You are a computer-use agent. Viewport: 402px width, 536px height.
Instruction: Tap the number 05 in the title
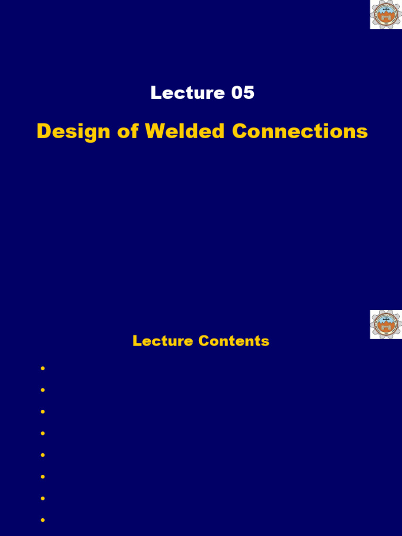pos(242,93)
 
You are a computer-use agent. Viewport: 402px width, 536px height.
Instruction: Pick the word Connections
pos(300,131)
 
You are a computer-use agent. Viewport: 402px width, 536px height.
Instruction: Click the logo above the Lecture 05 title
pos(385,14)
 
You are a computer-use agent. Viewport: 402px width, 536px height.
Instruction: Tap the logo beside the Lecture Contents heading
pos(385,324)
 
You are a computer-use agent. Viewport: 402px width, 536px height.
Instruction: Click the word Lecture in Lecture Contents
pos(162,341)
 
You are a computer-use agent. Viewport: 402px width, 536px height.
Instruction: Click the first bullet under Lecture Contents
pos(42,368)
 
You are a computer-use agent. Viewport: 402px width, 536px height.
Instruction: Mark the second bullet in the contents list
pos(42,390)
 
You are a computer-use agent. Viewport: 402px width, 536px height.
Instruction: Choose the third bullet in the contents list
pos(42,412)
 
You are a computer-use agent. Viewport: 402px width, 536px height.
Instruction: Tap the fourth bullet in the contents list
pos(42,433)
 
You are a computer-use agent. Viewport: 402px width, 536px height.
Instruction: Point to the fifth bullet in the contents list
pos(42,455)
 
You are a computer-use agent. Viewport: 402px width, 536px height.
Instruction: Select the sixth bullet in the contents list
pos(42,477)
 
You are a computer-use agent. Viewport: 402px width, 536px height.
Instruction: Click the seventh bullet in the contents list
pos(42,498)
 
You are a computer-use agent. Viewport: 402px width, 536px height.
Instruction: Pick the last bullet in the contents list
pos(42,520)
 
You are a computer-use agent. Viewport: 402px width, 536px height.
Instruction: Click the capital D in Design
pos(44,131)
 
